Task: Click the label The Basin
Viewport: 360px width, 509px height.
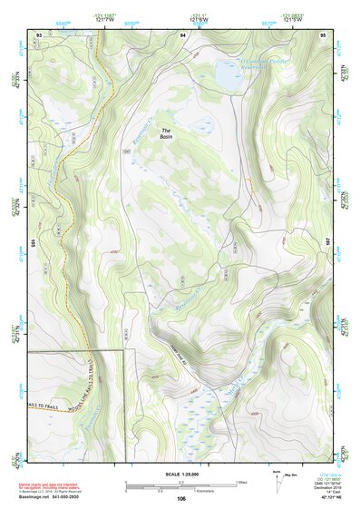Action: pos(165,132)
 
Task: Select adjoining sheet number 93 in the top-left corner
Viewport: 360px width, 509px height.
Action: pos(38,34)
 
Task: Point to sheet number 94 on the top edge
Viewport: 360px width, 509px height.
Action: pos(183,34)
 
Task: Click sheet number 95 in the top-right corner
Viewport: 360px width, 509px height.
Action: pos(324,34)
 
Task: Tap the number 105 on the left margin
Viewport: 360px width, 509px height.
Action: pos(31,244)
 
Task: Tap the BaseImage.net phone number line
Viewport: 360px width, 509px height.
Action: pos(52,496)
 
